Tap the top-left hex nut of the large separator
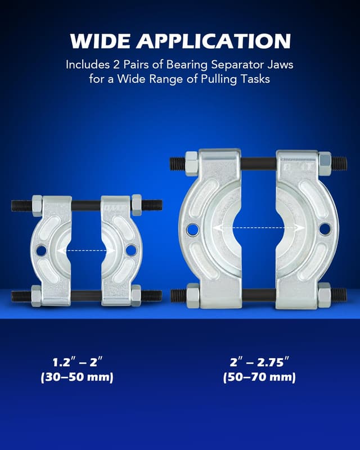[x=191, y=163]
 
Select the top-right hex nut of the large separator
[x=325, y=163]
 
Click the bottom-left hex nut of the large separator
[x=192, y=295]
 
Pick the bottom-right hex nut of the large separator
[x=324, y=295]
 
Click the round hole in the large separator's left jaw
[x=192, y=229]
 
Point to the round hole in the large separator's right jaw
[x=325, y=229]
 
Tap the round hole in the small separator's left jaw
[x=41, y=250]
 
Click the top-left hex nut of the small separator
[x=38, y=205]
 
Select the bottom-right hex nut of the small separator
[x=136, y=295]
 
